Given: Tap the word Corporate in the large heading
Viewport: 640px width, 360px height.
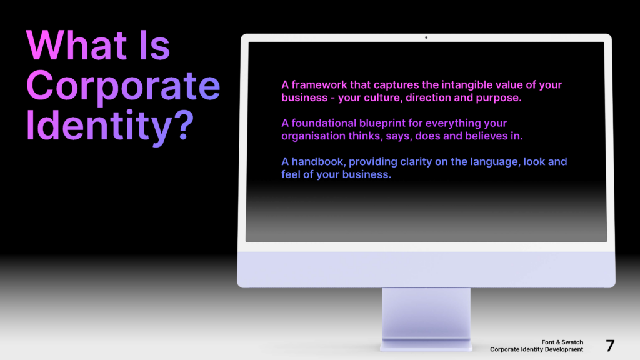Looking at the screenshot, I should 123,87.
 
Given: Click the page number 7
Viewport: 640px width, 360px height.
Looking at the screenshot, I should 610,346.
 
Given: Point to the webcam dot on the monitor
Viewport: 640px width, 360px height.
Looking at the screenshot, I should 426,37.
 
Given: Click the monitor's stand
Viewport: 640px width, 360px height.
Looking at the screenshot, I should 426,316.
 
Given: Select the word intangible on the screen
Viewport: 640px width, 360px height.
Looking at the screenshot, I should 459,85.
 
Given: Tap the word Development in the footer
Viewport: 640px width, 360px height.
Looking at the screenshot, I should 561,349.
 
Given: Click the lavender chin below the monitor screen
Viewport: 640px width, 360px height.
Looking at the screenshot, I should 426,269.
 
